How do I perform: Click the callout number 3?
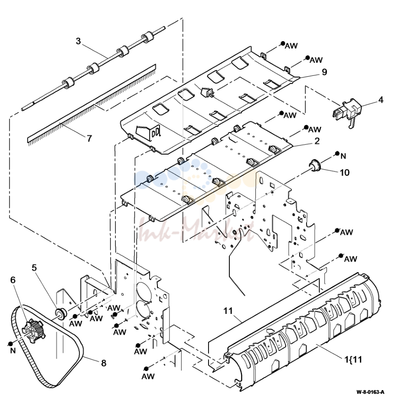(78, 41)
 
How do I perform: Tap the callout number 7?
(89, 138)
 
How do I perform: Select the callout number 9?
(324, 72)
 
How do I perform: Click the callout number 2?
(317, 141)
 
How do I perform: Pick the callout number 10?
(344, 173)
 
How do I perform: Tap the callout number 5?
(34, 268)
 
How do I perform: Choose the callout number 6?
(13, 280)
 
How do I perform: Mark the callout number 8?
(104, 363)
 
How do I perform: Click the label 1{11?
(353, 359)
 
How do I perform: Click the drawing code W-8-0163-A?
(370, 392)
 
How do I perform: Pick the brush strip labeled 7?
(91, 105)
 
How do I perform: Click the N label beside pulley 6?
(13, 351)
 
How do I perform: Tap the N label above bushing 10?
(343, 156)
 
